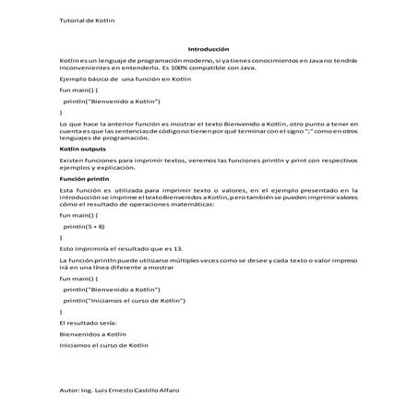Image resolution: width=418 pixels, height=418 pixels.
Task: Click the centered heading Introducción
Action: pos(208,49)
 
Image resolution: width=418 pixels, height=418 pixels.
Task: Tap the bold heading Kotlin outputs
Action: pos(82,148)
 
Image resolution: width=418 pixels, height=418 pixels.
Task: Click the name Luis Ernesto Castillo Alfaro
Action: pos(135,391)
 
